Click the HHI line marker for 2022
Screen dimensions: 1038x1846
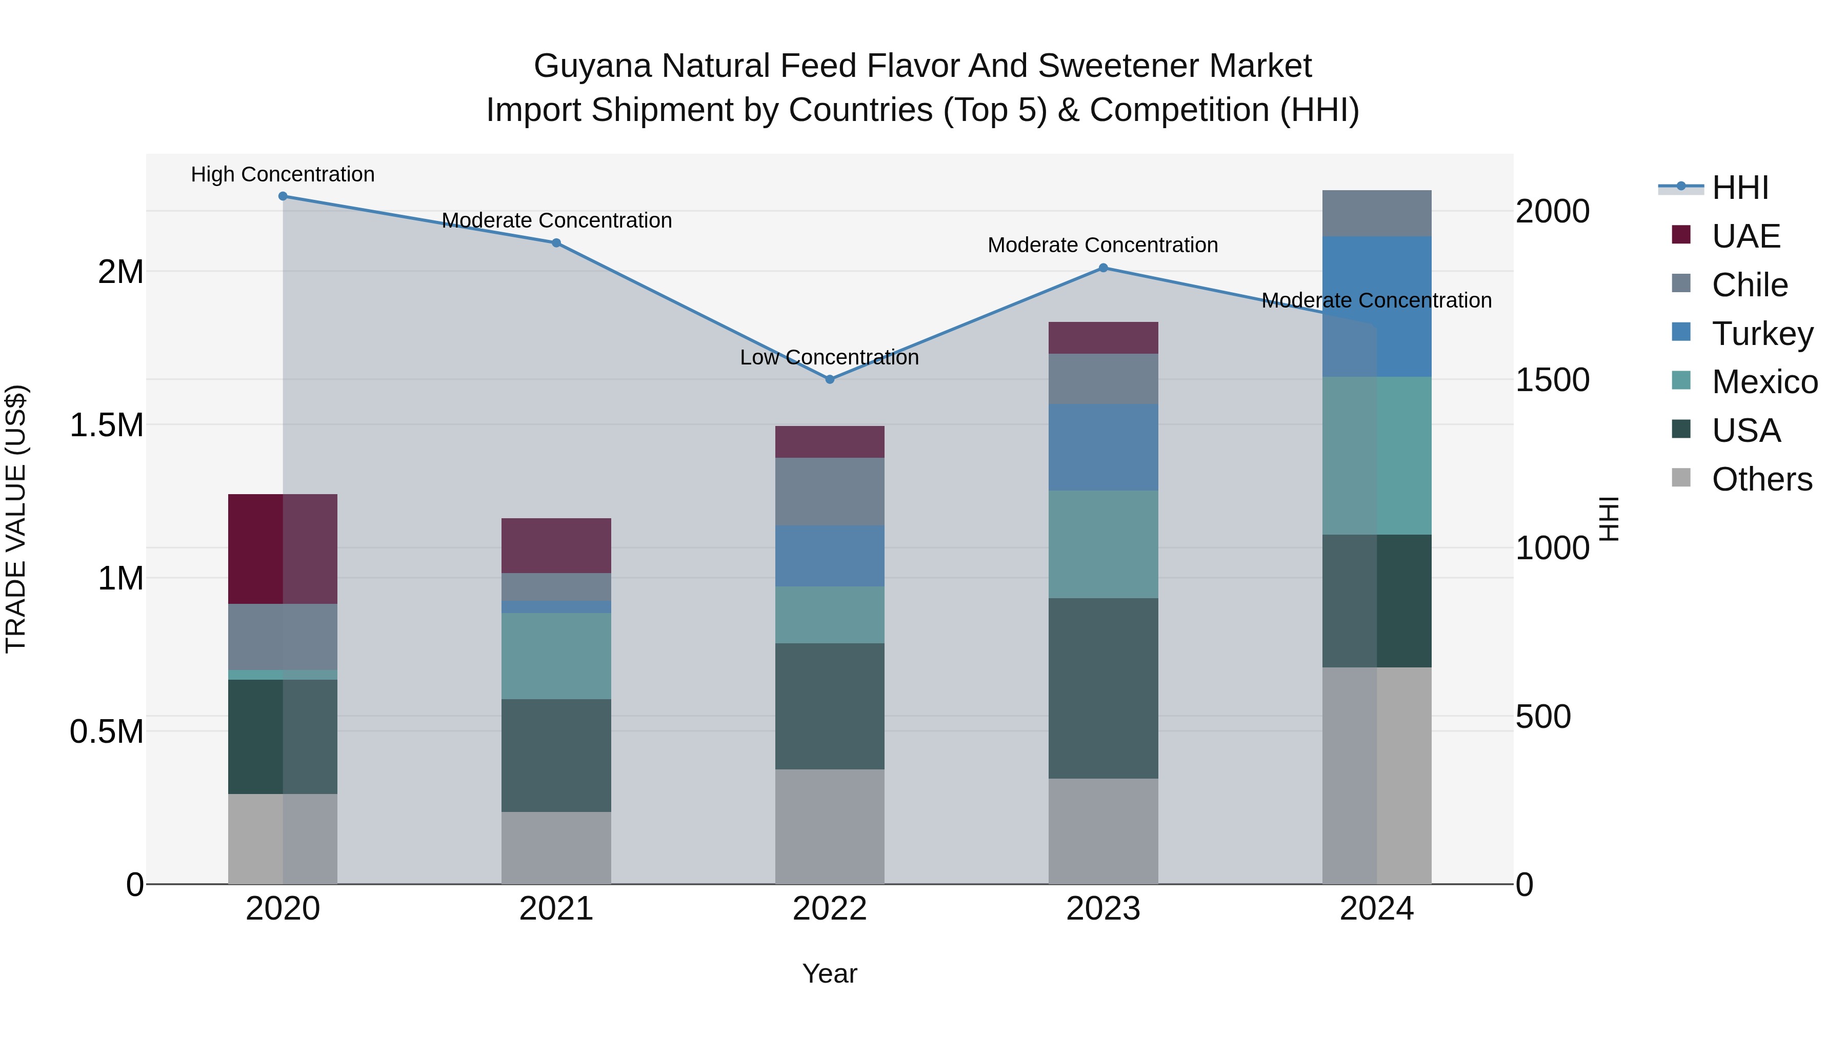[x=830, y=380]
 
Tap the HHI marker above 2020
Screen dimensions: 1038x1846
[x=283, y=196]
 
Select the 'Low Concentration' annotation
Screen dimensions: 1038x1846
[x=829, y=357]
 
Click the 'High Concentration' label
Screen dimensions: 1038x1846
[x=283, y=174]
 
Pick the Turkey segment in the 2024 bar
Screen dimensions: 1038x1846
[x=1377, y=307]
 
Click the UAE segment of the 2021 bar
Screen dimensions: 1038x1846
[x=556, y=545]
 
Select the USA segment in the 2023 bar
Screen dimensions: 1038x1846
[x=1103, y=688]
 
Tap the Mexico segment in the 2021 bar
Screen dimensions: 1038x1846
[x=556, y=656]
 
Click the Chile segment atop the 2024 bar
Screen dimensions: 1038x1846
[x=1377, y=213]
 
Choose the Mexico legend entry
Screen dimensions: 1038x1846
[x=1763, y=382]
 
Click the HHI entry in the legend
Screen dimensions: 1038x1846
[x=1739, y=188]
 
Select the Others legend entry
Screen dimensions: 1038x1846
[x=1761, y=479]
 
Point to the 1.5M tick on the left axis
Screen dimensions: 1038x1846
[x=106, y=425]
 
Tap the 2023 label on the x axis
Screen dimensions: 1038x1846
[x=1103, y=909]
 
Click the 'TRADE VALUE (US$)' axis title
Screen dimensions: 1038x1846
[x=16, y=519]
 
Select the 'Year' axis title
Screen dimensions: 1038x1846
[x=829, y=973]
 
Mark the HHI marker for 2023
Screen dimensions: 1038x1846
[x=1103, y=268]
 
